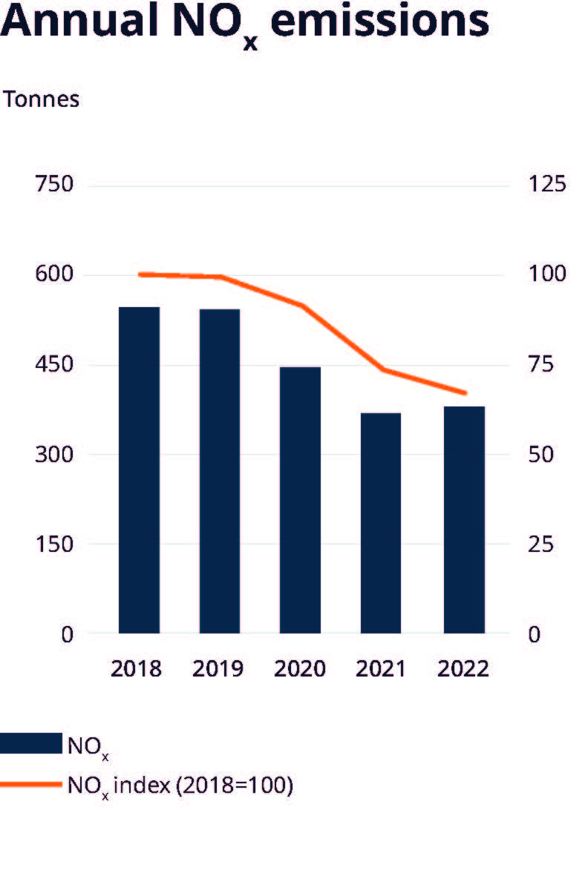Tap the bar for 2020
(301, 500)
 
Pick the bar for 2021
(381, 523)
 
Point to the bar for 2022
(464, 519)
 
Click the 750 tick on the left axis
(55, 184)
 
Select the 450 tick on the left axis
(55, 365)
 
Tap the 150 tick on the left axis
(55, 544)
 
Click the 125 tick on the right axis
(546, 184)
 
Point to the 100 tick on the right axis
(546, 274)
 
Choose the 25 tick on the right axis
(540, 544)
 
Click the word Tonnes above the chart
(42, 99)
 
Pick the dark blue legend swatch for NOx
(30, 743)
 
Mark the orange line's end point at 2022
(465, 392)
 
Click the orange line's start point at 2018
(140, 274)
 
